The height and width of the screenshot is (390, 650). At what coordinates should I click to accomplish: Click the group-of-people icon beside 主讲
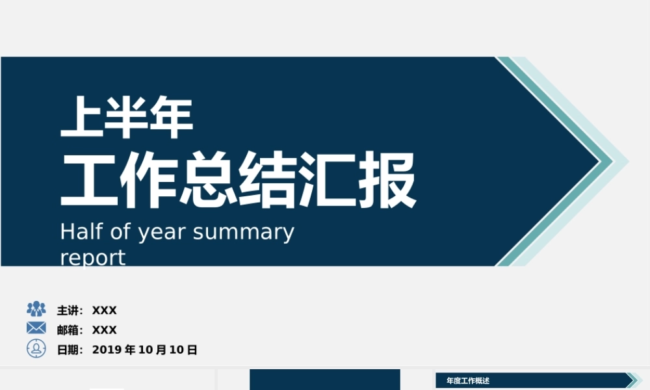(x=36, y=309)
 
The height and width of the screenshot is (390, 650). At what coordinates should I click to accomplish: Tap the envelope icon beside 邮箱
(x=36, y=328)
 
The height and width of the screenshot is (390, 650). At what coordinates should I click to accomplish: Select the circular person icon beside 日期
(x=36, y=348)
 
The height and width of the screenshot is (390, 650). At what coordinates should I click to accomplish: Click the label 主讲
(x=68, y=311)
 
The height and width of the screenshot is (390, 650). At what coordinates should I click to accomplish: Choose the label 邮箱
(x=68, y=330)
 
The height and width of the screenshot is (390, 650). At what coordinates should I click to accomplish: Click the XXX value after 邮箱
(x=105, y=330)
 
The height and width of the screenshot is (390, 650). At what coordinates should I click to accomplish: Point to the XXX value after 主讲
(x=105, y=311)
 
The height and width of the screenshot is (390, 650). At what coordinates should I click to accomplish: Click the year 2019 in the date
(x=107, y=350)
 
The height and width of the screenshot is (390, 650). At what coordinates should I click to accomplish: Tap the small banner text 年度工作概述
(x=468, y=381)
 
